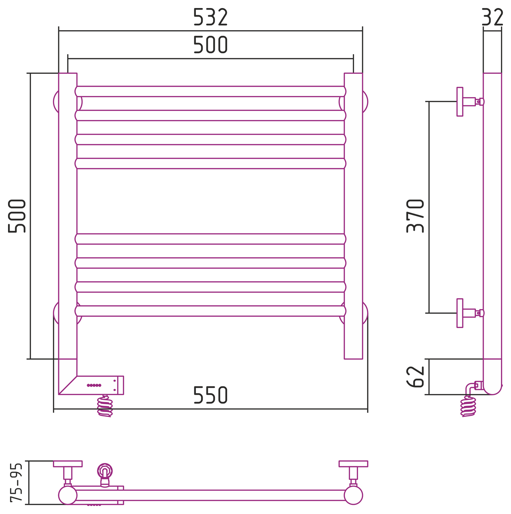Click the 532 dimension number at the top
click(210, 17)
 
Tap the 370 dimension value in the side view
click(415, 216)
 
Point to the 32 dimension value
click(492, 17)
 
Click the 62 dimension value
click(415, 376)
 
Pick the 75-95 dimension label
click(16, 483)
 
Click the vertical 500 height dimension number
click(16, 216)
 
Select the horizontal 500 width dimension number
click(210, 45)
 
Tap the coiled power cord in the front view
click(105, 406)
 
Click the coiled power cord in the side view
click(468, 406)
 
